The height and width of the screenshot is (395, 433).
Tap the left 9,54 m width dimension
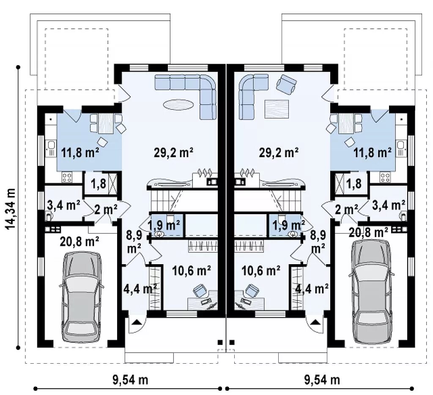(x=130, y=380)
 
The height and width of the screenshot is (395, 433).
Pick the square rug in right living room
(x=277, y=109)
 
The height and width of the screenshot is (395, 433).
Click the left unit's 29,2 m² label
(x=173, y=152)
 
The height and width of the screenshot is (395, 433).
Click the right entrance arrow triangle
(x=314, y=322)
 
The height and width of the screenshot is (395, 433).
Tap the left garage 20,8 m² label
(x=79, y=242)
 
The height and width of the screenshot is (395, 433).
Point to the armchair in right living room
(x=287, y=84)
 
